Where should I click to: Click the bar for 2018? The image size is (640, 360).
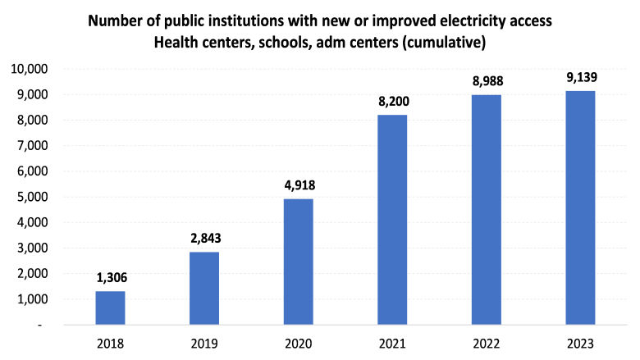(110, 308)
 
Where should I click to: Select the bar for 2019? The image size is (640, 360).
(204, 288)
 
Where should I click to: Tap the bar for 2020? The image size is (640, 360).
(298, 262)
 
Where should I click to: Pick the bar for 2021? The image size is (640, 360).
(392, 220)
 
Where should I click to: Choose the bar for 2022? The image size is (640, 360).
(487, 209)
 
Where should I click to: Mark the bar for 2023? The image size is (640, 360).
(580, 207)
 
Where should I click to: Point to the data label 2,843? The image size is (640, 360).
(204, 239)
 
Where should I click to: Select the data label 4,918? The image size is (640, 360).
(298, 186)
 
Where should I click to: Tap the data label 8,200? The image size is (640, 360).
(392, 103)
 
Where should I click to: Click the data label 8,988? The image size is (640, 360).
(487, 82)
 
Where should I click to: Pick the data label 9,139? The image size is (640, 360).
(580, 78)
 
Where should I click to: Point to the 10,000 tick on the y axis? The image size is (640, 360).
(30, 69)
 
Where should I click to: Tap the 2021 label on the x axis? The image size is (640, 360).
(392, 343)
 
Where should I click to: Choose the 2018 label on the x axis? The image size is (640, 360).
(110, 343)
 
